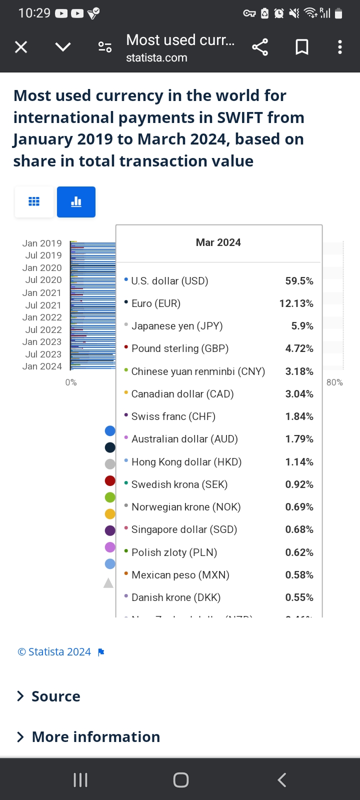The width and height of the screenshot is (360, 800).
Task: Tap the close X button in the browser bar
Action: tap(21, 47)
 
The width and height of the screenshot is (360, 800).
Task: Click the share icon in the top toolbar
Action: tap(260, 47)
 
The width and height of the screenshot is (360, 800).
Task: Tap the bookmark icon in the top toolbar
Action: tap(302, 47)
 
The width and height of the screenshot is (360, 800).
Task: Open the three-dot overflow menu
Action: tap(340, 47)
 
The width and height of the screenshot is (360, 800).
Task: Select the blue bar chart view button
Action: tap(76, 202)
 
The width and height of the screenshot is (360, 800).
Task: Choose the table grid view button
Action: tap(34, 202)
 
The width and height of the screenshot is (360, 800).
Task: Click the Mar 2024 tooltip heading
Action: tap(218, 242)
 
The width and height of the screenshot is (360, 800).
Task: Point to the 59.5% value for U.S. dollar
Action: tap(299, 281)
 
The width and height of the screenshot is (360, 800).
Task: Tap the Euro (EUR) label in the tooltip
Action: tap(155, 303)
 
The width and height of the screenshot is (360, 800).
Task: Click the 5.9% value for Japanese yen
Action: tap(302, 326)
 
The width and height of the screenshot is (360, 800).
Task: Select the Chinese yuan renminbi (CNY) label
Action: tap(198, 371)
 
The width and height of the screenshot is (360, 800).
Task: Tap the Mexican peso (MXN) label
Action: tap(180, 575)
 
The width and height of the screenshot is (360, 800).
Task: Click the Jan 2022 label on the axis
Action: tap(42, 317)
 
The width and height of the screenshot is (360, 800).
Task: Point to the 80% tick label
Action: tap(334, 382)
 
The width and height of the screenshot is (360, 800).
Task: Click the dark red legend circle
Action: tap(110, 481)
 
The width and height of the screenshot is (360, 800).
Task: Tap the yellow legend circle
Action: tap(110, 513)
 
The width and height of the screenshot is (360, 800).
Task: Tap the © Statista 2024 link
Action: tap(54, 652)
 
